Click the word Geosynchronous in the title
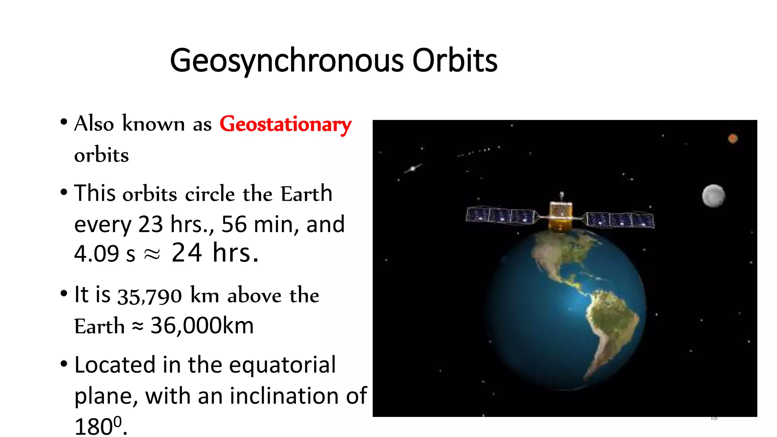[x=286, y=61]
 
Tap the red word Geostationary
[x=285, y=124]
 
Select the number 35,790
[x=149, y=296]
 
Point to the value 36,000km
[x=202, y=325]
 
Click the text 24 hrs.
[x=215, y=253]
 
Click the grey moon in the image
[x=713, y=196]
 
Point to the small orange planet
[x=733, y=138]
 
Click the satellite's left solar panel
[x=500, y=215]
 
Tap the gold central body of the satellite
[x=560, y=216]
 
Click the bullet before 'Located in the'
[x=64, y=364]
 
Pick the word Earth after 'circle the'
[x=306, y=194]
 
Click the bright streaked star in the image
[x=412, y=168]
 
